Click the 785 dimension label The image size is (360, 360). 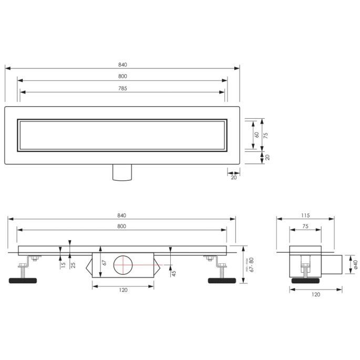pyautogui.click(x=122, y=88)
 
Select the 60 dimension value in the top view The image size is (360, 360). pyautogui.click(x=256, y=135)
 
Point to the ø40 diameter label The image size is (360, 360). pyautogui.click(x=355, y=264)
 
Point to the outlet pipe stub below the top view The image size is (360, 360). pyautogui.click(x=123, y=172)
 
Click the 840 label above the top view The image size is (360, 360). pyautogui.click(x=122, y=65)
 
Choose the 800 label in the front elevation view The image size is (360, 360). pyautogui.click(x=121, y=226)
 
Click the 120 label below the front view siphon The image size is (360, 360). pyautogui.click(x=124, y=290)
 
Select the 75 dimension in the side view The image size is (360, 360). pyautogui.click(x=305, y=227)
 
